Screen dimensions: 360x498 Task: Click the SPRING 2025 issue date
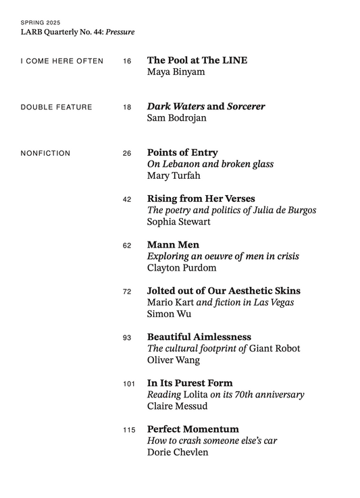click(41, 22)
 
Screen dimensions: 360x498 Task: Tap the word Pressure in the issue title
click(120, 32)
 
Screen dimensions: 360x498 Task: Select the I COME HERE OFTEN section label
click(62, 61)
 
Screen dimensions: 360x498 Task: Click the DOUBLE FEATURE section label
click(57, 107)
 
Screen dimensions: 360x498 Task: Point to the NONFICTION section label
click(46, 153)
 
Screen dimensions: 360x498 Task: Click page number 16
click(127, 61)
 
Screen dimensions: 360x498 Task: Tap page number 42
click(127, 200)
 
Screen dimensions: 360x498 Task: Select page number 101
click(129, 384)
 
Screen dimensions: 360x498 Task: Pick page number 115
click(129, 430)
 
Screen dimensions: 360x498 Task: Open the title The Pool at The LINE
click(197, 60)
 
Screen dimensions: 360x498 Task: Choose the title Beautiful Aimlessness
click(199, 337)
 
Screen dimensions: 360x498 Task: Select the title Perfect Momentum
click(193, 429)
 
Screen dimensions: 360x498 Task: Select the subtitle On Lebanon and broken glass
click(210, 165)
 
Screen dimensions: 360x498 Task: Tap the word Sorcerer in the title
click(246, 107)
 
